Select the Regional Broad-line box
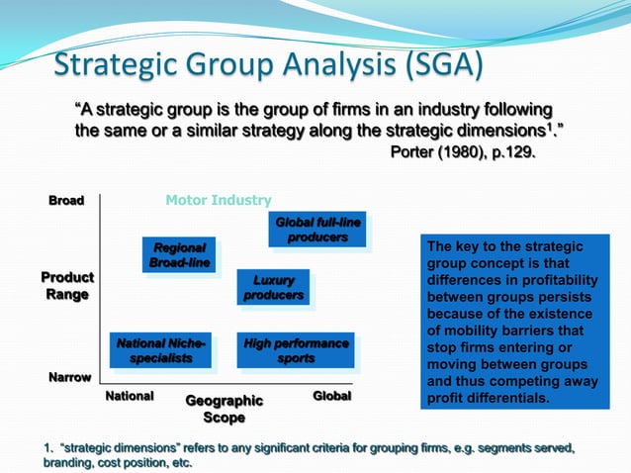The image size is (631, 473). (179, 254)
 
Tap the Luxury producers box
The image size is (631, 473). (274, 287)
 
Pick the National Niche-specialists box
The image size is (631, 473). (161, 350)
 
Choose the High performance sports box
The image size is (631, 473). (296, 350)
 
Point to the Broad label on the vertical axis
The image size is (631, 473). (66, 200)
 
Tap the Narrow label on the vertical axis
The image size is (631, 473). (70, 377)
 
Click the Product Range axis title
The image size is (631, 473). (67, 286)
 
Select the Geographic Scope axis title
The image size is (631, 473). (225, 409)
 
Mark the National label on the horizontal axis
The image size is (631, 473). (130, 396)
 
